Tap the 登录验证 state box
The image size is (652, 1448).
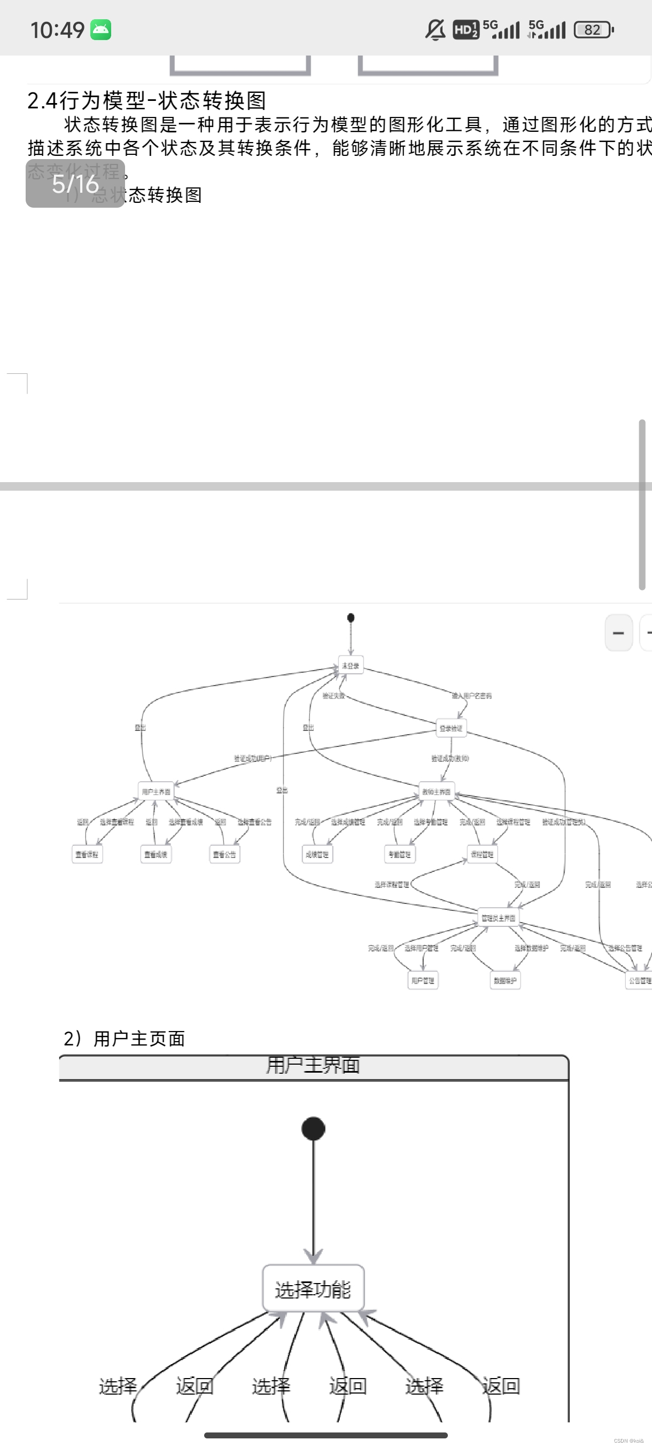click(x=451, y=728)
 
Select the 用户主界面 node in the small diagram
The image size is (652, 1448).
click(x=156, y=791)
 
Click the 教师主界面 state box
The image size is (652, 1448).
click(x=436, y=791)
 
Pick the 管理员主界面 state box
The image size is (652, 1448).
click(x=498, y=917)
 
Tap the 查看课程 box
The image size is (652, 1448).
click(x=87, y=854)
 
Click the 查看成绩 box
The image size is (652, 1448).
click(x=156, y=854)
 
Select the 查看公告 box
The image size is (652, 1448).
click(x=224, y=854)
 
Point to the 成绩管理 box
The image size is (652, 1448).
click(x=317, y=854)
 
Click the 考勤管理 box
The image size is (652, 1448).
click(x=399, y=854)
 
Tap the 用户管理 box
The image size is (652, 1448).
click(x=423, y=980)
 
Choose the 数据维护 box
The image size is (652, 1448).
click(x=504, y=980)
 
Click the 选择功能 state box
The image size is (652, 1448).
click(x=313, y=1288)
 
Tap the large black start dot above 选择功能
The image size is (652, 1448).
click(x=313, y=1128)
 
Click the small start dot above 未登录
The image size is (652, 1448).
click(x=351, y=617)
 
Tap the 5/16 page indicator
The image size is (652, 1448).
click(x=75, y=184)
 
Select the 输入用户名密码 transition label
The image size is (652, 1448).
click(x=471, y=695)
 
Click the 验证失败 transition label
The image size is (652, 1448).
click(x=333, y=695)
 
